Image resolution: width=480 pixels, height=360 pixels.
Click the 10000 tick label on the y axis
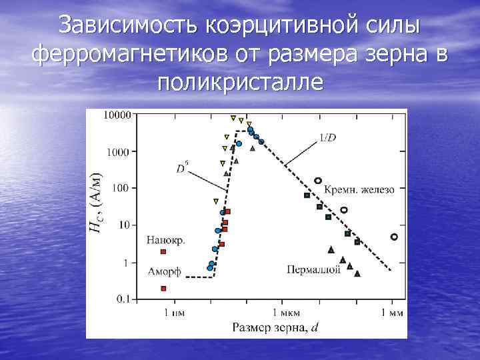pyautogui.click(x=117, y=115)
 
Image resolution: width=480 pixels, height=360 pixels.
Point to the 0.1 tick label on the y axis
pyautogui.click(x=122, y=300)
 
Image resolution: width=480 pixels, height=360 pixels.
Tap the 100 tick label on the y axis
pyautogui.click(x=121, y=189)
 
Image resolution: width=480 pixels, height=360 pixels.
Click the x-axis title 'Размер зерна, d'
pyautogui.click(x=275, y=327)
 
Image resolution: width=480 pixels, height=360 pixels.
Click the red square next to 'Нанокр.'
pyautogui.click(x=163, y=251)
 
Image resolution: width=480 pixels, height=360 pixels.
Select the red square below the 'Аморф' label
pyautogui.click(x=163, y=288)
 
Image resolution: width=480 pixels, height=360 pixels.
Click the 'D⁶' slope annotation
pyautogui.click(x=181, y=169)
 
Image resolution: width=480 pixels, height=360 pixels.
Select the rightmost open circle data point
pyautogui.click(x=394, y=237)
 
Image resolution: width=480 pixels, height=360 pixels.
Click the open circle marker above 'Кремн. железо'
pyautogui.click(x=318, y=180)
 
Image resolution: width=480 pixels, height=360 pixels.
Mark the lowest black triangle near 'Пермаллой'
pyautogui.click(x=357, y=273)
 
